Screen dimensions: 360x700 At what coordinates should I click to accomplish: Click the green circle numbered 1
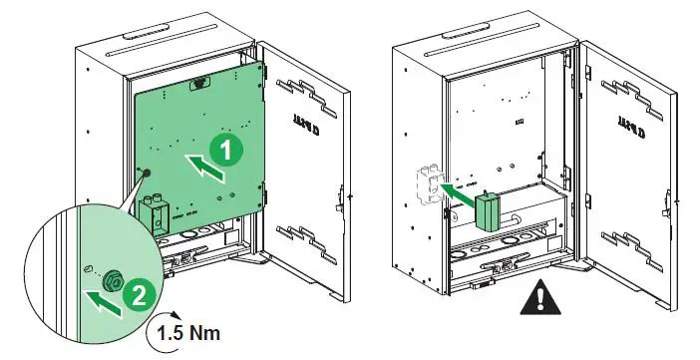(226, 152)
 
